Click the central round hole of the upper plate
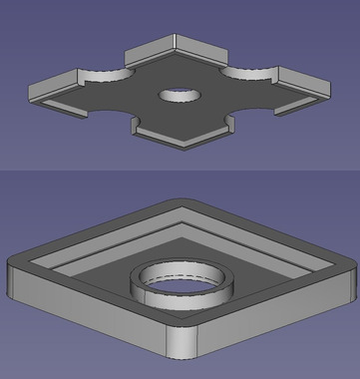180,97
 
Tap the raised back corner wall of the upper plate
174,47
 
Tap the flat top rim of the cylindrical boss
150,280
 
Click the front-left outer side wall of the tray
90,318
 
